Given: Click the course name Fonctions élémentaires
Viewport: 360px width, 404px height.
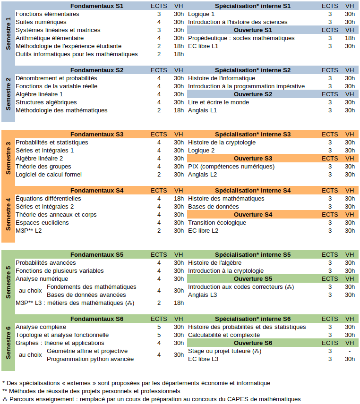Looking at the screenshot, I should [47, 14].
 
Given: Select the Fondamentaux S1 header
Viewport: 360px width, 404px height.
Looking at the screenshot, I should [97, 6].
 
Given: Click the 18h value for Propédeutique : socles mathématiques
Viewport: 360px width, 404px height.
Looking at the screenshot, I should [350, 38].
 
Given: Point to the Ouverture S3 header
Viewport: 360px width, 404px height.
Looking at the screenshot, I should [253, 159].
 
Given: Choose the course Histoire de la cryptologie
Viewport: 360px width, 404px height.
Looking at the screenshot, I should [222, 143].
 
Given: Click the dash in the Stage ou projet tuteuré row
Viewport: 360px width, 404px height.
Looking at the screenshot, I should [350, 351].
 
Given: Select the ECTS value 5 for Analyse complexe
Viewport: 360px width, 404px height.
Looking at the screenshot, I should [159, 327].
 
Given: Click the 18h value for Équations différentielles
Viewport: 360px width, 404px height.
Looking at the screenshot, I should [179, 199].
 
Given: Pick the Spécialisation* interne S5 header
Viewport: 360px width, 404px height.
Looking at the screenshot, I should [253, 255].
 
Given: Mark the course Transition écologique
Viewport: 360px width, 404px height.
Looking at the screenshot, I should [217, 223].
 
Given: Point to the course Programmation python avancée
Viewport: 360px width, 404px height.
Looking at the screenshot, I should [90, 359].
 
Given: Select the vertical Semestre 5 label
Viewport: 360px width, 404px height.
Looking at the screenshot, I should [8, 281].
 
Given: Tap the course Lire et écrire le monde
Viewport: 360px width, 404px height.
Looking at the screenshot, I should [218, 102].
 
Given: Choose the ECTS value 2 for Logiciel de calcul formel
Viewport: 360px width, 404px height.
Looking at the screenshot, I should [159, 175].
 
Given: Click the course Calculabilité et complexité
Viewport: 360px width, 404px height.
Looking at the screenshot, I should [224, 335].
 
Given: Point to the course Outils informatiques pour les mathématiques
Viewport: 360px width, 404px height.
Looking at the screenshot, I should [77, 54].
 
